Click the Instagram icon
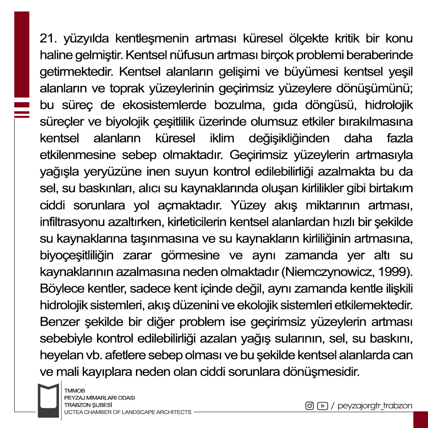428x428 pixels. click(310, 406)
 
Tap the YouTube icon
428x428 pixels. click(323, 406)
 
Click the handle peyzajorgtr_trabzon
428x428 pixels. click(375, 406)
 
